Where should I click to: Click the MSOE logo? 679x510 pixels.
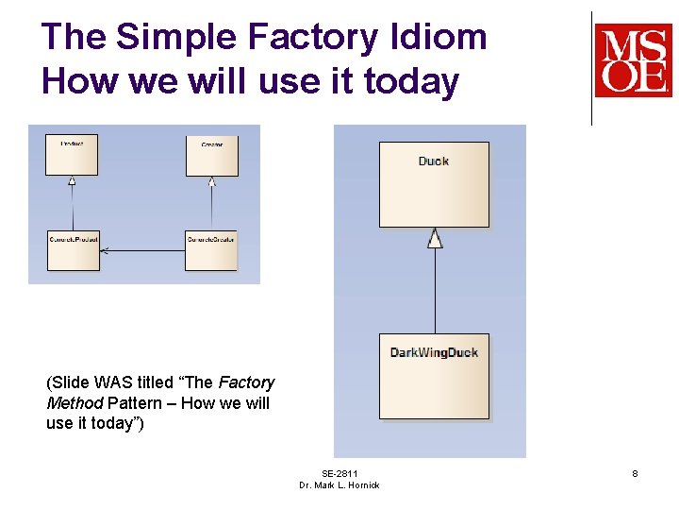click(633, 60)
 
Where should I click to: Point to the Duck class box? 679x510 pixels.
click(434, 184)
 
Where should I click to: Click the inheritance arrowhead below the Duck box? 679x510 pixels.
click(435, 238)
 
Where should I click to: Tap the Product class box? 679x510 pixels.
click(72, 155)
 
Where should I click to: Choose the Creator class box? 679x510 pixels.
click(211, 155)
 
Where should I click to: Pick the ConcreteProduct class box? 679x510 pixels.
click(74, 249)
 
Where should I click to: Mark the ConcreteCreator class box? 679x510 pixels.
click(210, 249)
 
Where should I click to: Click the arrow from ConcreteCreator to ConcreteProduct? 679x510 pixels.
click(141, 250)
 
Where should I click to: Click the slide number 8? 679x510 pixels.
click(635, 473)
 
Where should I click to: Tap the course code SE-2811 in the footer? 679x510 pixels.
click(339, 473)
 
